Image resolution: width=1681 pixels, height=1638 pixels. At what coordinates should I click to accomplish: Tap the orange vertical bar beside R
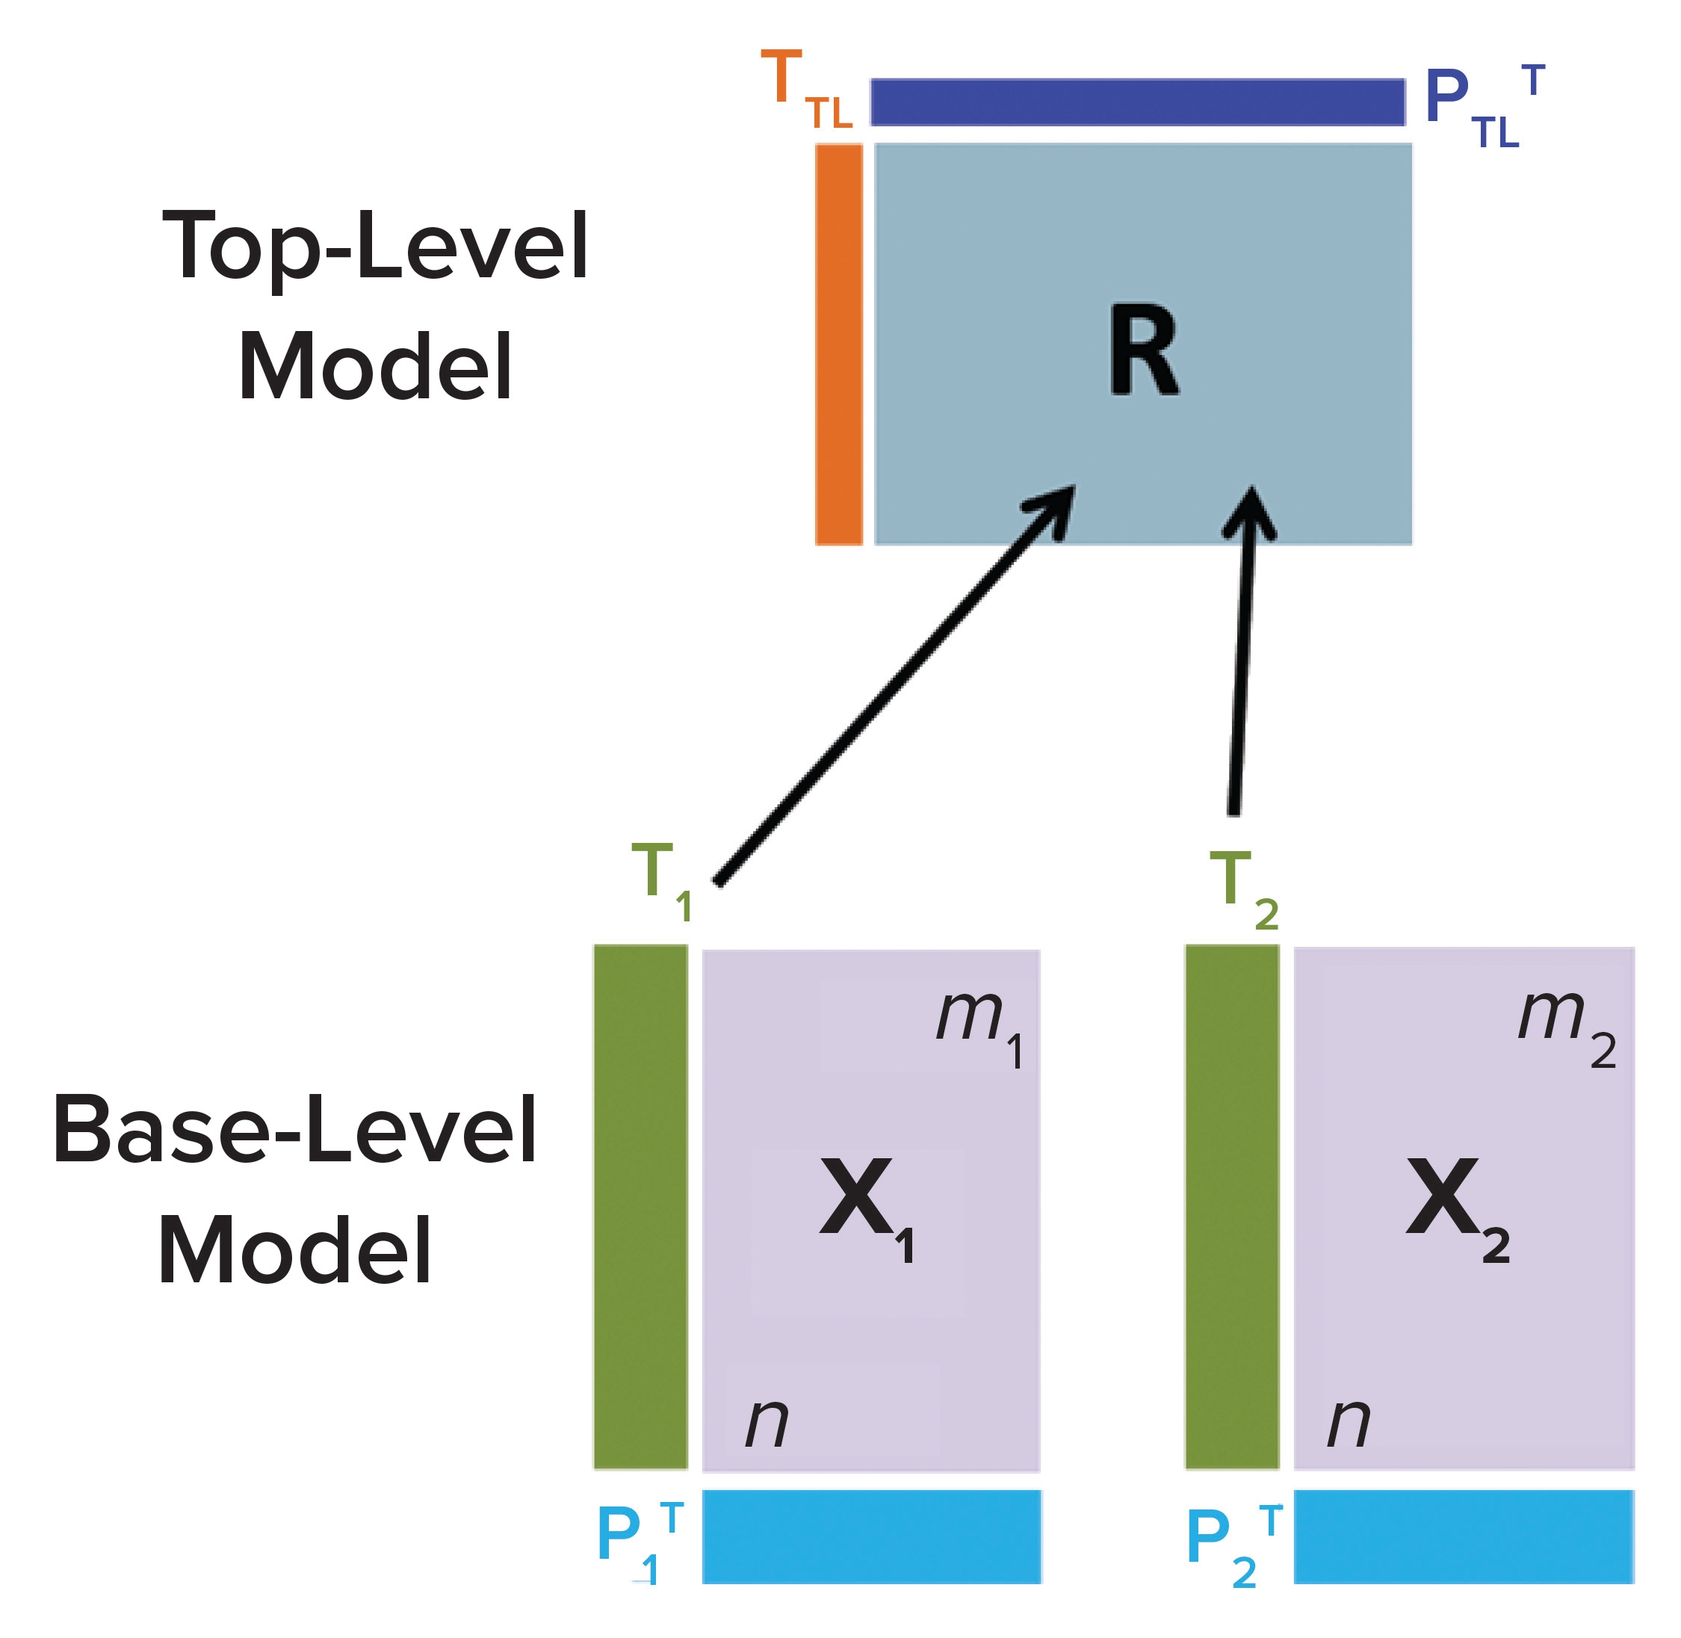coord(838,344)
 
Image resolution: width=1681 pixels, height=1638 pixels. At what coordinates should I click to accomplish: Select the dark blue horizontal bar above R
coord(1136,102)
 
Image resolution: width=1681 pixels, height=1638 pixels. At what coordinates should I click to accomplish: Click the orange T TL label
coord(805,89)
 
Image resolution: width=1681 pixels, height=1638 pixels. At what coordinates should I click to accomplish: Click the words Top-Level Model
coord(376,306)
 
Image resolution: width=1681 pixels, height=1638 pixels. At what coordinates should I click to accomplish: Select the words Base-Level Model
coord(295,1190)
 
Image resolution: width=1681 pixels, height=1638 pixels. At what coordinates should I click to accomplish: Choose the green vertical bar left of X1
coord(640,1207)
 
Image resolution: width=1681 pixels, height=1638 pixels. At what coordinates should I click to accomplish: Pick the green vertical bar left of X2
coord(1231,1207)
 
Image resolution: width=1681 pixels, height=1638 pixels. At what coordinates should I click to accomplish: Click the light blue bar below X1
coord(870,1537)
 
